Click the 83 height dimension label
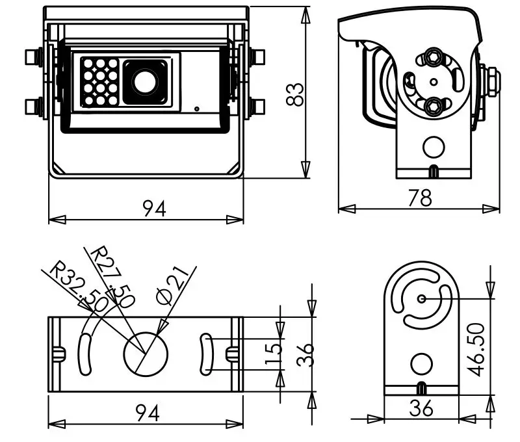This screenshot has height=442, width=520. pyautogui.click(x=294, y=94)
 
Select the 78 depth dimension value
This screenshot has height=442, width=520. pyautogui.click(x=420, y=198)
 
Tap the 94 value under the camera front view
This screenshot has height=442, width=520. pyautogui.click(x=154, y=209)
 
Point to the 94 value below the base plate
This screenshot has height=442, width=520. pyautogui.click(x=148, y=413)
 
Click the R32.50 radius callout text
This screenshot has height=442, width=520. pyautogui.click(x=78, y=286)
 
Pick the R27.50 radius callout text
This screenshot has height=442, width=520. pyautogui.click(x=112, y=277)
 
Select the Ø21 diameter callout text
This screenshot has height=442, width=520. pyautogui.click(x=172, y=285)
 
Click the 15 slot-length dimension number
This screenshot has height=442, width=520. pyautogui.click(x=274, y=354)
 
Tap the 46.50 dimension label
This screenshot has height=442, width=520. pyautogui.click(x=477, y=350)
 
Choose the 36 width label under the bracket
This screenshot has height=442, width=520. pyautogui.click(x=421, y=408)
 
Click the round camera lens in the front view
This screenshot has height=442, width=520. pyautogui.click(x=144, y=82)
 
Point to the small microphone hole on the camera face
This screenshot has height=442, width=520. pyautogui.click(x=197, y=109)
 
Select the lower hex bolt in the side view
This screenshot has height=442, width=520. pyautogui.click(x=432, y=106)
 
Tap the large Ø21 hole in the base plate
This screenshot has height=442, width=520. pyautogui.click(x=146, y=354)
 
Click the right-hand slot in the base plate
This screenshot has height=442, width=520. pyautogui.click(x=206, y=354)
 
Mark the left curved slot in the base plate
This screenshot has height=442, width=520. pyautogui.click(x=84, y=354)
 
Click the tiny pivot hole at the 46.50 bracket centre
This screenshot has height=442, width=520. pyautogui.click(x=421, y=299)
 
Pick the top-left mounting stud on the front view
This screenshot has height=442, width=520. pyautogui.click(x=34, y=57)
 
